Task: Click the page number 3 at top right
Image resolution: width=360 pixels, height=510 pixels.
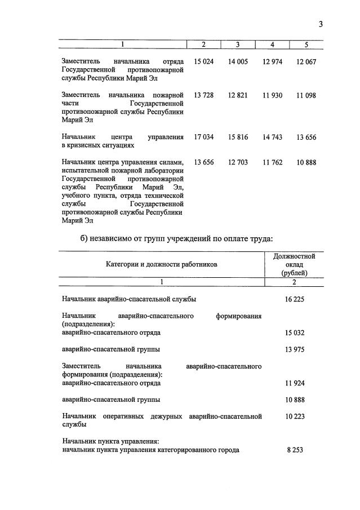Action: pyautogui.click(x=321, y=24)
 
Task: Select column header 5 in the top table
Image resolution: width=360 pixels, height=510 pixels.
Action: pyautogui.click(x=306, y=45)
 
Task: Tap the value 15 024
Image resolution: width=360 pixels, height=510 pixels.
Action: pyautogui.click(x=203, y=61)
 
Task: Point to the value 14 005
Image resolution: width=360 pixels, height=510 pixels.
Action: pyautogui.click(x=238, y=61)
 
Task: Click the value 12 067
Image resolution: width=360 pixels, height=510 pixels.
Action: pyautogui.click(x=306, y=61)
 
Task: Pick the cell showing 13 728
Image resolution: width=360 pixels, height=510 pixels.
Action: pyautogui.click(x=203, y=95)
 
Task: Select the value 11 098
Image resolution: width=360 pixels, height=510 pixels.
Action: pyautogui.click(x=306, y=95)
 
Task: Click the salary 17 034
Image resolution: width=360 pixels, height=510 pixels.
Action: pyautogui.click(x=203, y=136)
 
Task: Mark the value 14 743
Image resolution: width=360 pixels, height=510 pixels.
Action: pyautogui.click(x=272, y=136)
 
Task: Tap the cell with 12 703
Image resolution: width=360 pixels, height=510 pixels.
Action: pyautogui.click(x=238, y=163)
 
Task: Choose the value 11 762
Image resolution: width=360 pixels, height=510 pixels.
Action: pyautogui.click(x=272, y=163)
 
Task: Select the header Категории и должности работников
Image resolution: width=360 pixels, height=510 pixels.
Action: pyautogui.click(x=161, y=264)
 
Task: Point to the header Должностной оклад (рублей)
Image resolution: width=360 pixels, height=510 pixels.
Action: pyautogui.click(x=294, y=264)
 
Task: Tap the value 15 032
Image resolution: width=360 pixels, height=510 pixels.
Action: pyautogui.click(x=294, y=333)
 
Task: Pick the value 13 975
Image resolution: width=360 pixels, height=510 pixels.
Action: pyautogui.click(x=294, y=349)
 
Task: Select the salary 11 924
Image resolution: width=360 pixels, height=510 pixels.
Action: pyautogui.click(x=294, y=383)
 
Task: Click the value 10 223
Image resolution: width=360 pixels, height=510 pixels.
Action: pyautogui.click(x=294, y=416)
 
